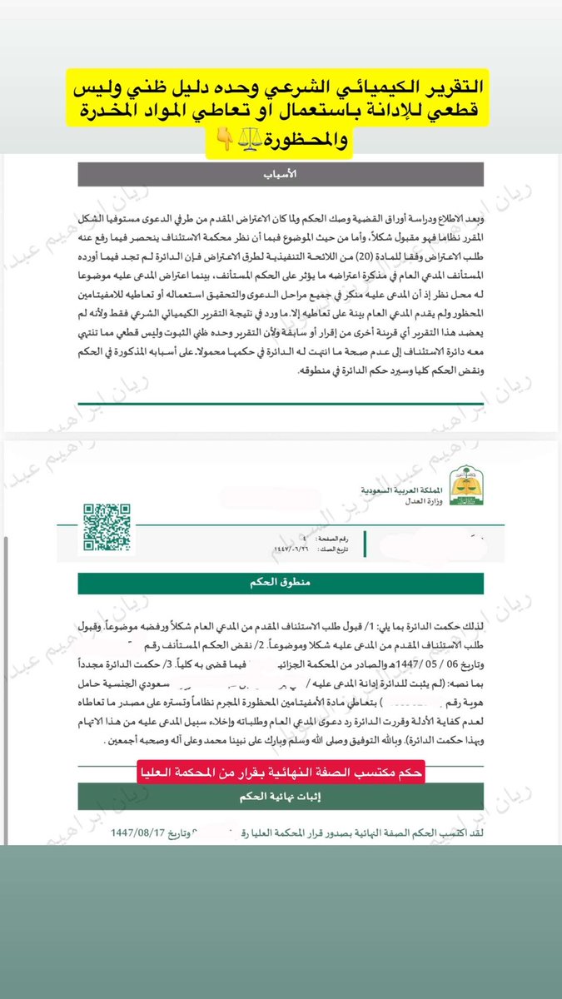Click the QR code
[x=107, y=528]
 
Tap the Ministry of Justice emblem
[x=464, y=487]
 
